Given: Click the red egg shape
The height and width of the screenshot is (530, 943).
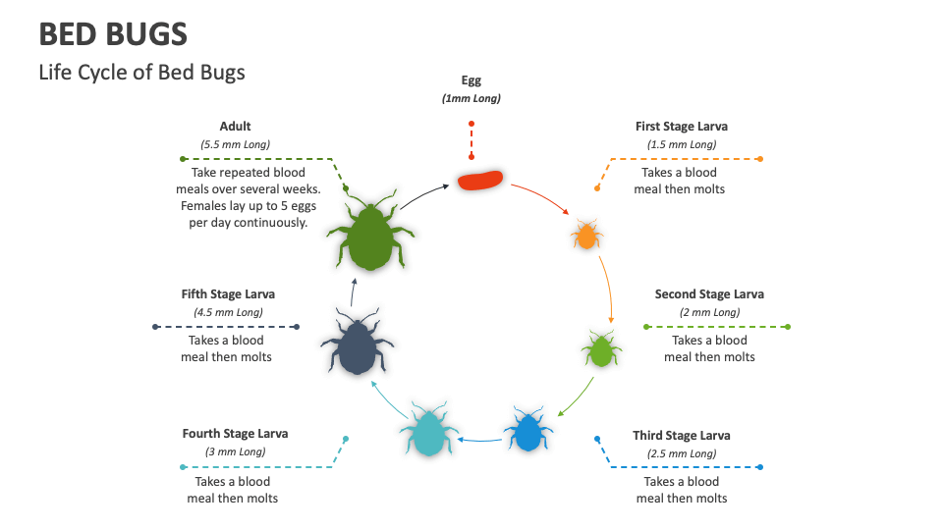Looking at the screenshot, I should coord(479,181).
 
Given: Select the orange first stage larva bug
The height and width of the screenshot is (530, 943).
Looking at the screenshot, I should coord(586,236).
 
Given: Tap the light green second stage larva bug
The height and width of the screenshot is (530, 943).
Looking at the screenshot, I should coord(600,349).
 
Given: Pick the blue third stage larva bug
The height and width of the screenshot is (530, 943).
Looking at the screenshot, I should coord(527,430).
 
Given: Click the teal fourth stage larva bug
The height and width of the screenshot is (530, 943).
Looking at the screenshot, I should coord(428,431).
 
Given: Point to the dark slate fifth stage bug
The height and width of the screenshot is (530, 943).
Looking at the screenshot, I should coord(356,345).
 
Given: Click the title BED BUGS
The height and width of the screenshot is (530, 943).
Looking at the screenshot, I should coord(113,34).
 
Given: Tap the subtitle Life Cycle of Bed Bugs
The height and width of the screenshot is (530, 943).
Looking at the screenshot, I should coord(141,72).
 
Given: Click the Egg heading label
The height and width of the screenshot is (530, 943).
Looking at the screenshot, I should coord(471,80).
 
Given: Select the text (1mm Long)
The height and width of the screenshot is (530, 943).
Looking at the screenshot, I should coord(471,99).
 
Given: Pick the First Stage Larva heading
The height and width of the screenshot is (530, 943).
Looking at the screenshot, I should coord(682,127).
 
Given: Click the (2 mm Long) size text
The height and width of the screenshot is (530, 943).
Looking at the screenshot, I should coord(709,312).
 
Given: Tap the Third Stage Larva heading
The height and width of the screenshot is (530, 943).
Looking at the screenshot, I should coord(682,435).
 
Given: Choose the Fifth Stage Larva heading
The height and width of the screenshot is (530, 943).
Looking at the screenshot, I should coord(228,293).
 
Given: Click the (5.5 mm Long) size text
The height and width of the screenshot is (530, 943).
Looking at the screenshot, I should coord(235,144).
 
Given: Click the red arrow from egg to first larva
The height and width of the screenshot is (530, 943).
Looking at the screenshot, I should coord(543,195).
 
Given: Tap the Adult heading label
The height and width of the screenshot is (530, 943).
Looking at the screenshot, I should coord(235,126).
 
